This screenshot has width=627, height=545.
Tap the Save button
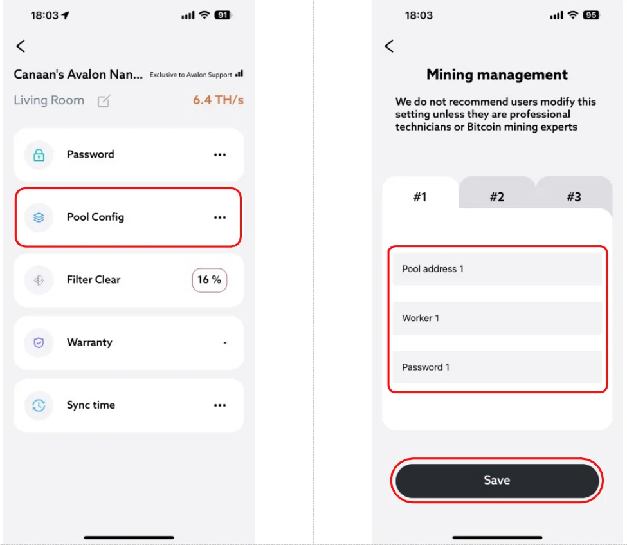pos(497,480)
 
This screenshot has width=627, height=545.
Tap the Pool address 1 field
pos(497,269)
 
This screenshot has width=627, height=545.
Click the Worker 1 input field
pos(497,318)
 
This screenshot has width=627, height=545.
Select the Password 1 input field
pos(497,367)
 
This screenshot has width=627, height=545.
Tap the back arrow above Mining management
pos(389,46)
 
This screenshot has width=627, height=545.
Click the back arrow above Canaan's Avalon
pos(21,46)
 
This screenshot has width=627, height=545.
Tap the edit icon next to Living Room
pos(104,101)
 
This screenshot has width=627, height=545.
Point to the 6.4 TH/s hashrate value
pos(219,100)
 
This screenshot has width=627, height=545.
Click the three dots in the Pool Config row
pos(220,217)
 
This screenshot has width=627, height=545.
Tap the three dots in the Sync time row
pos(220,405)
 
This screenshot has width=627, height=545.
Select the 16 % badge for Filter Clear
pos(210,280)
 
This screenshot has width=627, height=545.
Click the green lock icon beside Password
pos(39,155)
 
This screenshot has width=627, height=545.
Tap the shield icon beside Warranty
pos(39,342)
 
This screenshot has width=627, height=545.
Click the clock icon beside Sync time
pos(39,405)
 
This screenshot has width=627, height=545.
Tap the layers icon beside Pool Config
pos(39,217)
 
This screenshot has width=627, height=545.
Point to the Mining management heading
pos(497,75)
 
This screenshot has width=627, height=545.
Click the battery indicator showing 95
pos(591,15)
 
